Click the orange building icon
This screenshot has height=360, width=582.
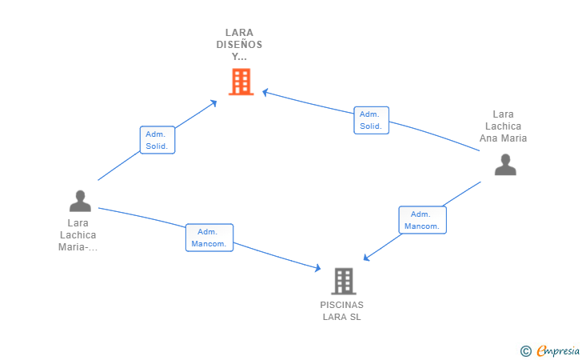[x=241, y=82]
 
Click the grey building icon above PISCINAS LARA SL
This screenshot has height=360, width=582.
[x=344, y=282]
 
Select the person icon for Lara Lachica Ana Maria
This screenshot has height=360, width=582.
[x=505, y=165]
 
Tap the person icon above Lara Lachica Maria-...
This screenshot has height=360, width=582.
[x=80, y=201]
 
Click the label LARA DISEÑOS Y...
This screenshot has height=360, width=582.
[x=239, y=45]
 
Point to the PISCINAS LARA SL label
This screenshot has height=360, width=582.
[x=342, y=311]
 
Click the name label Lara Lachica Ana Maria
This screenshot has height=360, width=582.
[x=503, y=126]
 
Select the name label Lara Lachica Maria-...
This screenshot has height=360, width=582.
[x=78, y=235]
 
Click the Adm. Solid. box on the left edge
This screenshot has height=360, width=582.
[x=157, y=140]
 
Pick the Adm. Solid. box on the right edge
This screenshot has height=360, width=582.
[x=371, y=120]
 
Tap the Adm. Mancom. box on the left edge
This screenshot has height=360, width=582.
[x=209, y=238]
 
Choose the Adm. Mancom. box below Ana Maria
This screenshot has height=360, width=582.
[x=422, y=220]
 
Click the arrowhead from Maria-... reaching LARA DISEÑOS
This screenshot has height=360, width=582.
[x=213, y=103]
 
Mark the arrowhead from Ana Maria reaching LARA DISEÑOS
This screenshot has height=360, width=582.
[x=265, y=92]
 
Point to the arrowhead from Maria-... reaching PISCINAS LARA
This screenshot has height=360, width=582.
[x=317, y=267]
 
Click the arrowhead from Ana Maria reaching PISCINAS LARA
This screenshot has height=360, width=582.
[x=366, y=258]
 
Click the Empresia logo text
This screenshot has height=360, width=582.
[x=558, y=350]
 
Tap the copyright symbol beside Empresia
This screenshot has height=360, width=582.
[x=525, y=351]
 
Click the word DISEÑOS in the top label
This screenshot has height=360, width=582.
[x=239, y=45]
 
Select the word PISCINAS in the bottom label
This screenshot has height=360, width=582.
[x=342, y=305]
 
